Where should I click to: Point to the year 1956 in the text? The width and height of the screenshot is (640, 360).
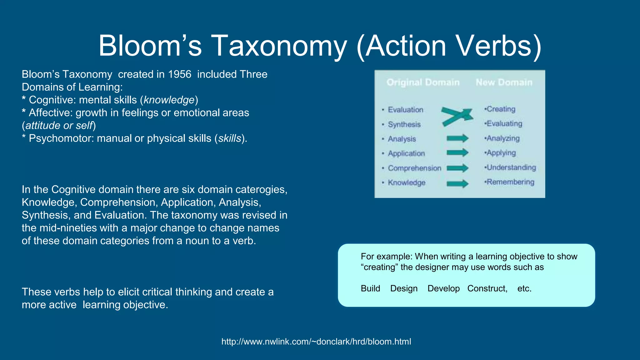click(x=179, y=74)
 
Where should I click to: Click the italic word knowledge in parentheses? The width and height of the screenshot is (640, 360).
click(x=169, y=100)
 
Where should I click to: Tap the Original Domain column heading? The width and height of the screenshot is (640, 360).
click(x=423, y=82)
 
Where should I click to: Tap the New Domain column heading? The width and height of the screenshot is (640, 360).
click(x=504, y=82)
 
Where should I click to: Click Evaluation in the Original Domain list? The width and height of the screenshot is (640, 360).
click(x=405, y=110)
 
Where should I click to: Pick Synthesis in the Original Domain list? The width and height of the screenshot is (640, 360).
click(x=404, y=124)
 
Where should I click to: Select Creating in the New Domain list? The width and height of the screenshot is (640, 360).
click(x=501, y=109)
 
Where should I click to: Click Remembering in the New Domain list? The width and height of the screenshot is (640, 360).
click(x=510, y=182)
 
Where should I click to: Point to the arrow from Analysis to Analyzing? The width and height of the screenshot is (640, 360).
click(x=457, y=138)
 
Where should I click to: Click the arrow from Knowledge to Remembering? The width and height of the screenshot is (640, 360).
click(x=457, y=183)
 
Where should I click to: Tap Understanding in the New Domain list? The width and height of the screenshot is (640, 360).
click(x=511, y=167)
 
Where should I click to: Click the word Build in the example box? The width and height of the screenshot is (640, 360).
click(x=370, y=288)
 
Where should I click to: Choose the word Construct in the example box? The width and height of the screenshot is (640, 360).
click(x=487, y=288)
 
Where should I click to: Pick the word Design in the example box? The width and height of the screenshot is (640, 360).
click(x=404, y=288)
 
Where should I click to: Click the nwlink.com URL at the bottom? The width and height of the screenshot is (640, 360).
click(x=316, y=342)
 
